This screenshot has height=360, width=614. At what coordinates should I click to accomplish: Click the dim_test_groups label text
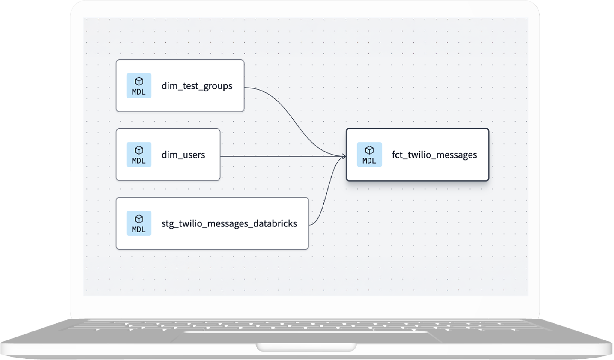point(197,86)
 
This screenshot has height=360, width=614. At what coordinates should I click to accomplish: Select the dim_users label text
point(183,155)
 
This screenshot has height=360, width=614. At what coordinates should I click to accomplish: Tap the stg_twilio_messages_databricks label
point(229,223)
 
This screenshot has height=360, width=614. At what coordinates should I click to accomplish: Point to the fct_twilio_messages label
point(434,155)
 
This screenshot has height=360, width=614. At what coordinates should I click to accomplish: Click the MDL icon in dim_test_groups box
point(139,86)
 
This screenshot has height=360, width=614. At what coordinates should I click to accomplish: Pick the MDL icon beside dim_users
point(139,154)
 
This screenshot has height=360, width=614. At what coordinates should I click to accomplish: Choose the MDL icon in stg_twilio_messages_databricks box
point(139,223)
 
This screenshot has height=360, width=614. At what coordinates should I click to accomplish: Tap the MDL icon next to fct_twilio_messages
point(369,154)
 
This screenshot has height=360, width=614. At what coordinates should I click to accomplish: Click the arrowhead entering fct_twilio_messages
point(344,156)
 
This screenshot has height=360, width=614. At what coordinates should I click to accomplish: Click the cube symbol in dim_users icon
point(139,150)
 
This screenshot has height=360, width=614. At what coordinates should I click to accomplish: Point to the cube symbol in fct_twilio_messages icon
point(369,150)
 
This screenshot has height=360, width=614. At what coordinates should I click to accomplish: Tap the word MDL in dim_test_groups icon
point(139,92)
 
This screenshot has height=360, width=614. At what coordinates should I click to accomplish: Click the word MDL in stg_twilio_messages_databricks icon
point(139,229)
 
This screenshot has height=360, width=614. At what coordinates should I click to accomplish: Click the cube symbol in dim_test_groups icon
point(139,81)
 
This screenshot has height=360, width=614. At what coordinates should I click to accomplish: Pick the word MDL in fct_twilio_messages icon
point(369,161)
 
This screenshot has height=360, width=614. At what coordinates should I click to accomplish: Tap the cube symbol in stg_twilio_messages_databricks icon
point(139,219)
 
